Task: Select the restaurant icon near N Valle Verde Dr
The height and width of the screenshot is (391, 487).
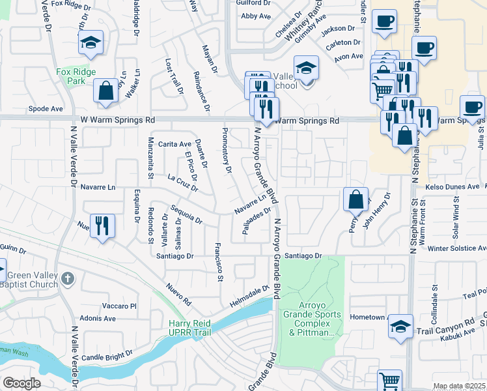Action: click(102, 226)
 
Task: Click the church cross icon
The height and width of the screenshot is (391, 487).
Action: click(68, 280)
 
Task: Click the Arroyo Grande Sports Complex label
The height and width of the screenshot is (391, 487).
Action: click(309, 319)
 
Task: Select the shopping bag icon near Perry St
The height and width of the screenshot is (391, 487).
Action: click(357, 200)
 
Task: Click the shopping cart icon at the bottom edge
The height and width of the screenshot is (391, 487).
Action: click(389, 381)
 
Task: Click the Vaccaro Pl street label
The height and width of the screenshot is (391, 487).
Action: click(118, 305)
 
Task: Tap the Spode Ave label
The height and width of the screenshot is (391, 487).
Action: click(46, 109)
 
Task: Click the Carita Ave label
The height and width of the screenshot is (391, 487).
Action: click(174, 143)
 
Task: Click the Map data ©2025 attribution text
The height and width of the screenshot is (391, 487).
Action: click(459, 386)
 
